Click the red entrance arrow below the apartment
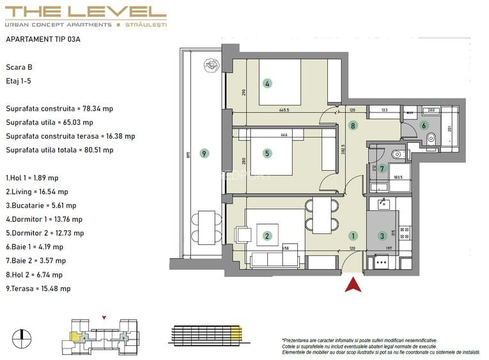click(x=349, y=284)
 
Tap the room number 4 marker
click(x=267, y=83)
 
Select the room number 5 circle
click(x=267, y=153)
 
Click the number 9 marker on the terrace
click(x=204, y=153)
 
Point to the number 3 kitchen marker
click(x=382, y=235)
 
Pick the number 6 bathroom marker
click(x=423, y=126)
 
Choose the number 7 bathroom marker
click(x=382, y=169)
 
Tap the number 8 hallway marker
click(x=353, y=126)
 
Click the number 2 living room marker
click(x=267, y=236)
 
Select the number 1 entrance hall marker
click(x=353, y=235)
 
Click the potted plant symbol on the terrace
click(x=210, y=65)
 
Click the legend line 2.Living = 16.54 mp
click(x=36, y=192)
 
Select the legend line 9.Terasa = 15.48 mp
click(x=38, y=289)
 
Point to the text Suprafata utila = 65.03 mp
click(x=49, y=122)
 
